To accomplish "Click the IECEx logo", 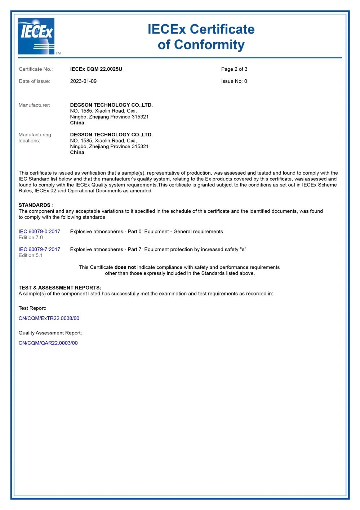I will click(36, 36).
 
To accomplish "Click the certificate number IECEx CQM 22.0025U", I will click(96, 69).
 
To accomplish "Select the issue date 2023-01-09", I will click(83, 81).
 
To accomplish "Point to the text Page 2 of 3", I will click(234, 69).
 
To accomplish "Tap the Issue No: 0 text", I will click(234, 81).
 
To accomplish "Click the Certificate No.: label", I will click(36, 69).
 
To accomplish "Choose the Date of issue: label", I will click(35, 81).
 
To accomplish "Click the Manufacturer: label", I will click(35, 105).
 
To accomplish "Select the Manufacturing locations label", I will click(35, 137).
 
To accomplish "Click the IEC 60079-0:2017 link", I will click(39, 232).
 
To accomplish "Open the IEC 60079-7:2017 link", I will click(39, 249).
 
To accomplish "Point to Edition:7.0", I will click(31, 237).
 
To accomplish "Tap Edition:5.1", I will click(31, 255).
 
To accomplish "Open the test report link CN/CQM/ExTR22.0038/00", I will click(49, 318).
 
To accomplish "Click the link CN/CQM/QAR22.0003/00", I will click(48, 343).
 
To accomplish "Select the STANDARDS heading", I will click(35, 205).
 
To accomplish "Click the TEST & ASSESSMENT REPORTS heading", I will click(60, 287).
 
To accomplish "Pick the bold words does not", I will click(125, 267).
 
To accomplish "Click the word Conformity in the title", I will click(209, 45).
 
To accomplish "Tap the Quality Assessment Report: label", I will click(50, 333).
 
